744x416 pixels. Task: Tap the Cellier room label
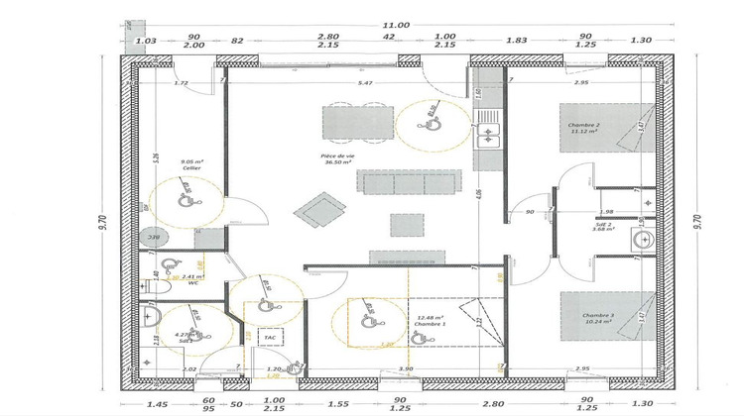(191, 168)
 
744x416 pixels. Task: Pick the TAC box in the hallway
(268, 338)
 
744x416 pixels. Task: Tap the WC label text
(193, 282)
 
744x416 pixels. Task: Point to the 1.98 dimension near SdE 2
(608, 211)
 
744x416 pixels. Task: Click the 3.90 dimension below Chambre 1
(406, 368)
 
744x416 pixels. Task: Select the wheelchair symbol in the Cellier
(186, 196)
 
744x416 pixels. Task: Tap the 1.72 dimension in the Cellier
(181, 83)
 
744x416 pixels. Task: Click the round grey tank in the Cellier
(154, 237)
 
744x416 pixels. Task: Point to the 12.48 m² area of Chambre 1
(430, 318)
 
